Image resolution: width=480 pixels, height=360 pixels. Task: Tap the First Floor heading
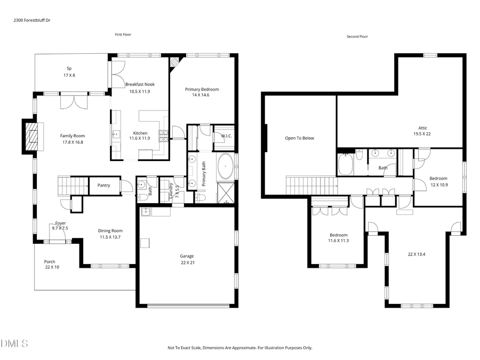click(123, 35)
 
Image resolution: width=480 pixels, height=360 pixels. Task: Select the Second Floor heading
click(357, 37)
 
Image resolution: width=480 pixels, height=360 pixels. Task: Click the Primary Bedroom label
click(202, 90)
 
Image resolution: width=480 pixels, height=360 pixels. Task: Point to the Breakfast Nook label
click(140, 84)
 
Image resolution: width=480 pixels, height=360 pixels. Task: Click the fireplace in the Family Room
click(31, 137)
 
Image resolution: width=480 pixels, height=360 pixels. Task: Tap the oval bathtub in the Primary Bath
click(226, 167)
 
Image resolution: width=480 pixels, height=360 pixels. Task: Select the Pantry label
click(103, 186)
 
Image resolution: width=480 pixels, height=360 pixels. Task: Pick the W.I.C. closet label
click(226, 136)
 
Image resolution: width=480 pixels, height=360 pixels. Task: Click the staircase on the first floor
click(73, 186)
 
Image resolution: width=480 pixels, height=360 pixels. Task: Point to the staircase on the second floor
click(313, 187)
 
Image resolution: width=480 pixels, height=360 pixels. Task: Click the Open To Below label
click(299, 138)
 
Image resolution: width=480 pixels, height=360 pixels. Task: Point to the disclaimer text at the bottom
click(240, 348)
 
